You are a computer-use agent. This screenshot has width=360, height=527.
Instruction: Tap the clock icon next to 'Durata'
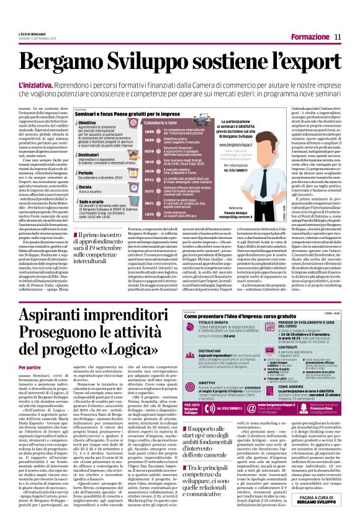(77, 187)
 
